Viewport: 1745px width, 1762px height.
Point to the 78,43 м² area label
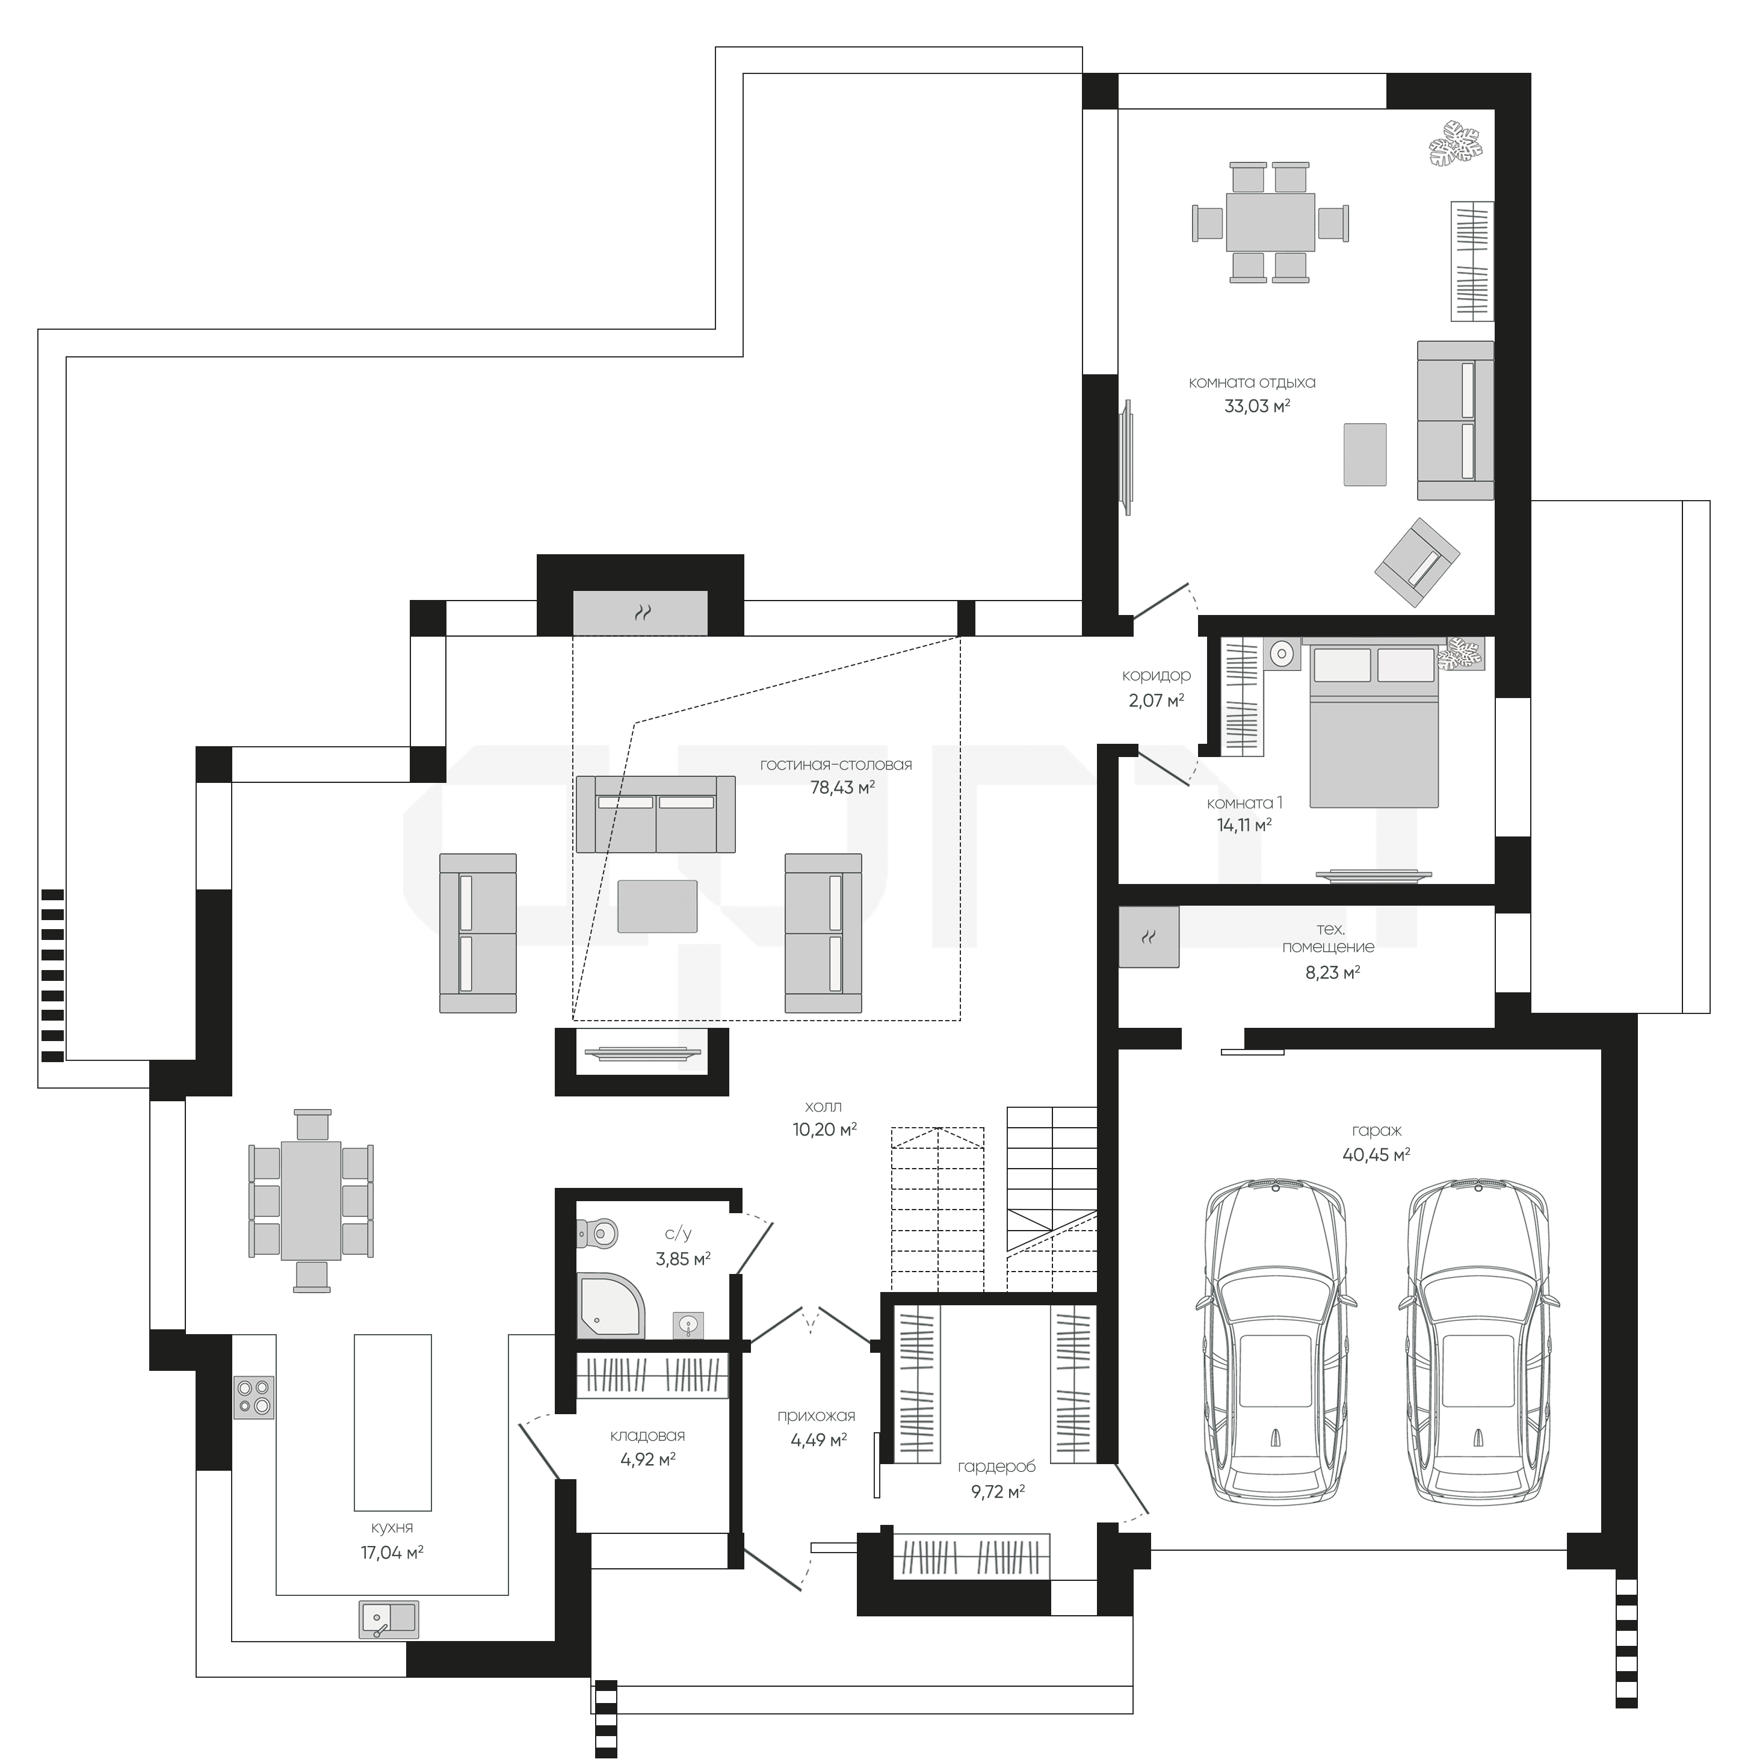coord(842,787)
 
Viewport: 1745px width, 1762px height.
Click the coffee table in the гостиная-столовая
coord(657,906)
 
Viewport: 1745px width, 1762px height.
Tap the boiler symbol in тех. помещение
coord(1149,936)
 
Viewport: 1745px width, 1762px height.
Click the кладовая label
coord(647,1435)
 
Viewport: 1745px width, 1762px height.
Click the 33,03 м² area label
coord(1257,406)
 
